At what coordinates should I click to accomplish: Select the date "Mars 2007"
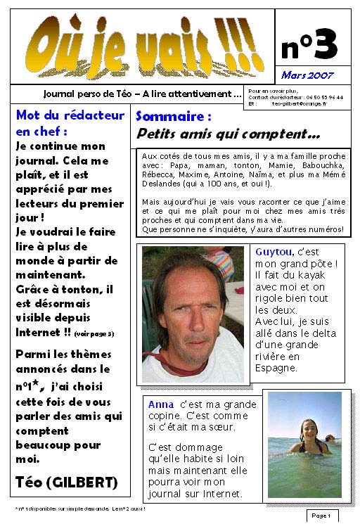tap(307, 75)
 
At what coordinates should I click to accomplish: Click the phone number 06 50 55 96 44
tap(325, 97)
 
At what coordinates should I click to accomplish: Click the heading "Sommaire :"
tap(173, 116)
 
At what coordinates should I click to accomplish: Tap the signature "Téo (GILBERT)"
tap(66, 482)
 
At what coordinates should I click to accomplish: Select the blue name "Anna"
tap(161, 404)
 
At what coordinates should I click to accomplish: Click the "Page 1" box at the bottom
tap(321, 516)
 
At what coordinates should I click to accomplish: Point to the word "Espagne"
tap(278, 368)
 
